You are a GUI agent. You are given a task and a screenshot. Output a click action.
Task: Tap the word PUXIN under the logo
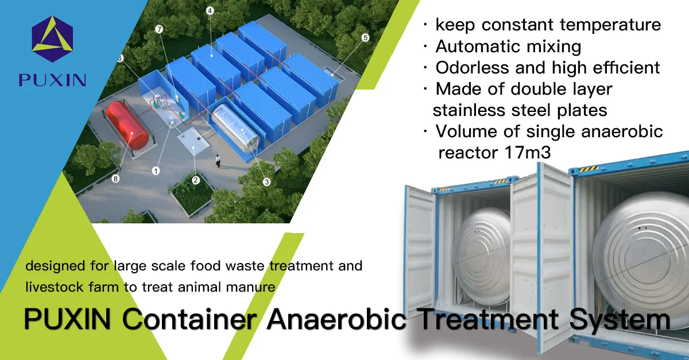click(x=52, y=79)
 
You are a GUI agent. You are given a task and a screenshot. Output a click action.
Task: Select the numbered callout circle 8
click(x=115, y=179)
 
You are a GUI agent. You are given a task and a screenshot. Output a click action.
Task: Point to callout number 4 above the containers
click(x=210, y=11)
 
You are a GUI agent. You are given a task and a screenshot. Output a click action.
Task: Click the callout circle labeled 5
click(x=365, y=38)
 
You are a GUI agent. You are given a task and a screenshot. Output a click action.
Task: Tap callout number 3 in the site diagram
click(x=266, y=182)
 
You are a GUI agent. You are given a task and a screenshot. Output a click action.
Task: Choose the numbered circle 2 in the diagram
click(x=195, y=180)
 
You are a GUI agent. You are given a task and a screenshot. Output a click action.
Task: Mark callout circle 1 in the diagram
click(x=156, y=170)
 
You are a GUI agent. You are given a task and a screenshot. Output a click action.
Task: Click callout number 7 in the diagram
click(x=159, y=29)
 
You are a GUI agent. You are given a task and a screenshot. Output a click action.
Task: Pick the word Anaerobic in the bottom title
click(x=336, y=319)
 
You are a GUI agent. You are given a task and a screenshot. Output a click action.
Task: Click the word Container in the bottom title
click(x=188, y=319)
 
